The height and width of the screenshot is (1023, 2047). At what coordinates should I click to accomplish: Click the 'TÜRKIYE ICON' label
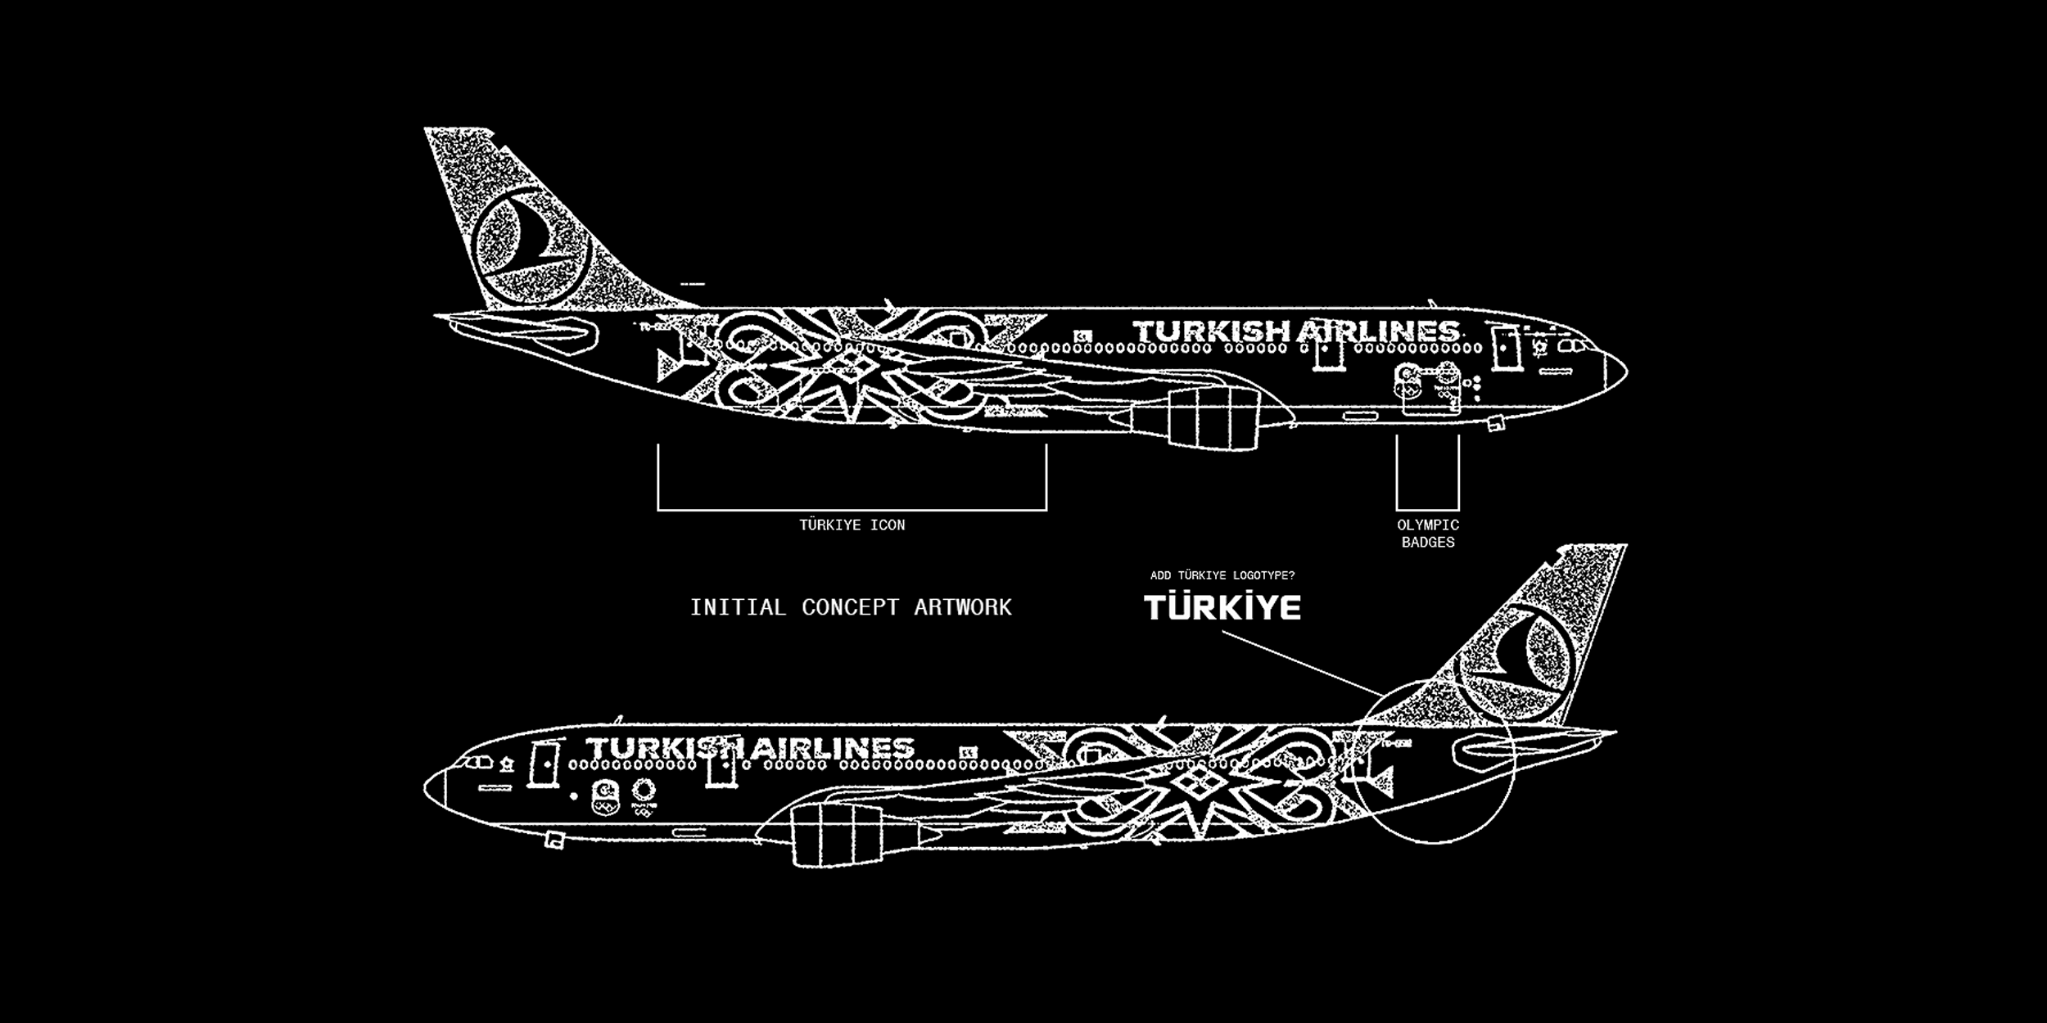852,525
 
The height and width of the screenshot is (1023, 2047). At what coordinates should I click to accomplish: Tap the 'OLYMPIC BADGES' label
1428,534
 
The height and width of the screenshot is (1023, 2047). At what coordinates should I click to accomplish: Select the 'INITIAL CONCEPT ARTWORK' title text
851,607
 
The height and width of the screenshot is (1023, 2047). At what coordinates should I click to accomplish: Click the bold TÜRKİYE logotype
1222,607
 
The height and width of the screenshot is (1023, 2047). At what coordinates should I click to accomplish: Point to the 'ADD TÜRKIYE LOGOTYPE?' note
1222,575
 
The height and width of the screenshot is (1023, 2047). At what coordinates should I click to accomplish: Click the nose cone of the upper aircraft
1614,372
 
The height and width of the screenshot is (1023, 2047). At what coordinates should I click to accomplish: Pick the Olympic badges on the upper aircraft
1426,387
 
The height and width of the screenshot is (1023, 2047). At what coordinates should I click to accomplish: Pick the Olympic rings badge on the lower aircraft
642,795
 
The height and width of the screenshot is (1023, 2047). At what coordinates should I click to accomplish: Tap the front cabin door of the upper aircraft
1503,347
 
